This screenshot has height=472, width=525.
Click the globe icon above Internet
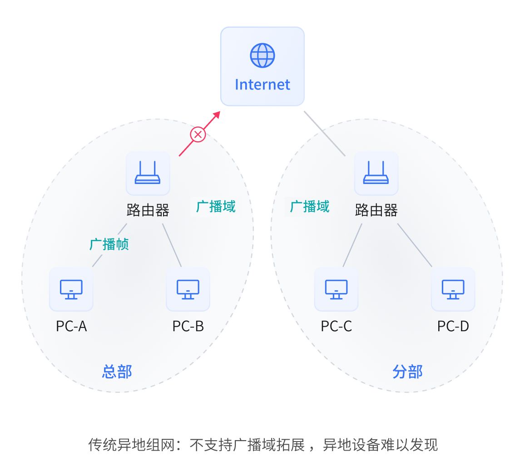click(262, 55)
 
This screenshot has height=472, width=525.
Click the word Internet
click(262, 84)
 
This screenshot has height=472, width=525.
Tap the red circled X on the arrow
click(198, 134)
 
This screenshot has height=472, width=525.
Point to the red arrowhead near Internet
click(216, 114)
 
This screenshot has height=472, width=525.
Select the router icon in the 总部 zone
click(148, 173)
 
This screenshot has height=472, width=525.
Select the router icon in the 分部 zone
click(376, 173)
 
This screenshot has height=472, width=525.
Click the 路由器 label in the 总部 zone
click(148, 210)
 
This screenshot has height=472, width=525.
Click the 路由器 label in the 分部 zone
click(376, 210)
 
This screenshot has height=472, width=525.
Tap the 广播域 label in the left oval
click(216, 207)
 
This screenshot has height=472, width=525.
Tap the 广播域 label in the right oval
click(310, 207)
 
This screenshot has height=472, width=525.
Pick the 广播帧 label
click(109, 244)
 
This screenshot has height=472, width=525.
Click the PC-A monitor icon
click(71, 289)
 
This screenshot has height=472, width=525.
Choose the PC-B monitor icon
click(188, 289)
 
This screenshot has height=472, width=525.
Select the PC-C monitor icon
click(336, 289)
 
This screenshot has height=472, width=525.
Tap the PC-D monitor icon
click(453, 289)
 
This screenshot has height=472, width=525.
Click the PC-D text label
click(453, 326)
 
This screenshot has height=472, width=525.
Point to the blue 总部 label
click(117, 372)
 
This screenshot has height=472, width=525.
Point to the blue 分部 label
click(407, 372)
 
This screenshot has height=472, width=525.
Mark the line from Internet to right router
click(324, 133)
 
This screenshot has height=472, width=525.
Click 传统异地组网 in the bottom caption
click(131, 444)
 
